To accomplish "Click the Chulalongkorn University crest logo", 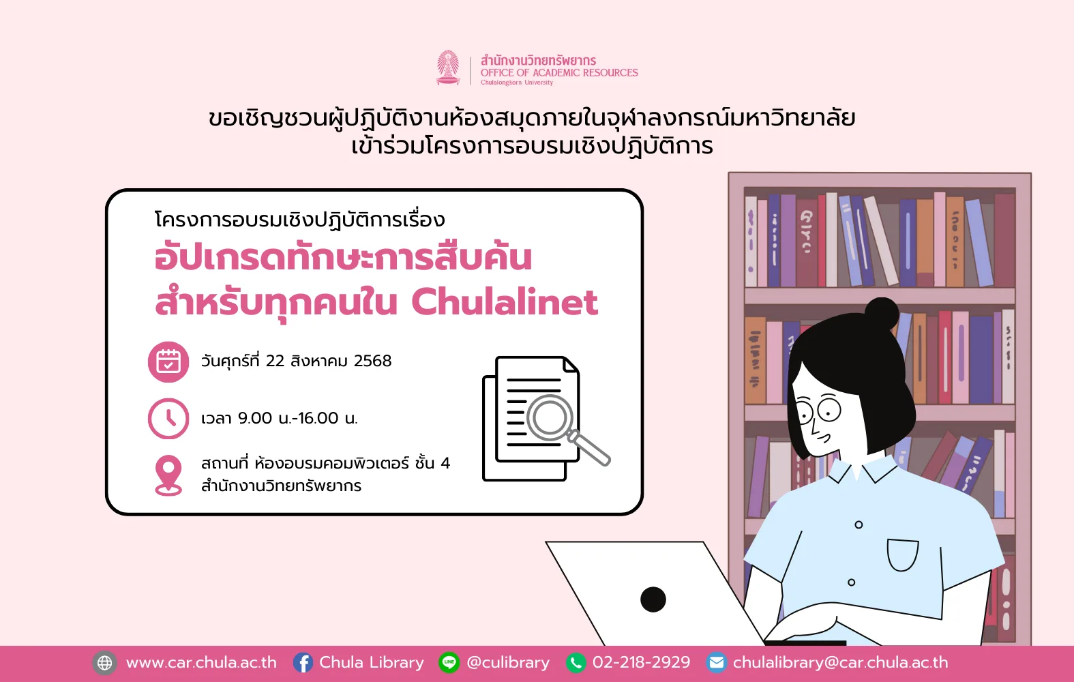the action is (x=448, y=68).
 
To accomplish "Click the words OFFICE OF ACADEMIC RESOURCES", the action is (x=559, y=73).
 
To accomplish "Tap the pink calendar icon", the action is (x=168, y=361).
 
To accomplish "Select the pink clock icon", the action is (x=168, y=418).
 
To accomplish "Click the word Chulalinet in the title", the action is (x=505, y=302).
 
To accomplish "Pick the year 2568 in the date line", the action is (x=372, y=361).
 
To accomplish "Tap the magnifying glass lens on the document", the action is (x=550, y=417).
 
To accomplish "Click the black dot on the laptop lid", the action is (x=653, y=599).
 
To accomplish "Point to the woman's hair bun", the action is (x=882, y=314).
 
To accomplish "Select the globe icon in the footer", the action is (x=104, y=663).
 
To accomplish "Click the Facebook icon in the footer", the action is (x=303, y=663).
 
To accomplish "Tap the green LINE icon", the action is (x=449, y=663).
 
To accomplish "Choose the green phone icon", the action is (x=576, y=663).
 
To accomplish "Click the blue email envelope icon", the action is (x=716, y=663).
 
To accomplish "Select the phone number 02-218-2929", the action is (x=641, y=662).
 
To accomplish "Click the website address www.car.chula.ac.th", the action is (x=201, y=663).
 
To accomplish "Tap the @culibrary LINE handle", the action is (x=508, y=663).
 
